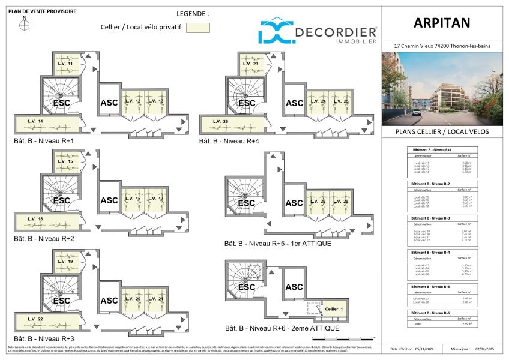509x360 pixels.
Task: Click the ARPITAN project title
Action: [x=441, y=23]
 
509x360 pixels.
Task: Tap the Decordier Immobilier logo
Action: [x=318, y=30]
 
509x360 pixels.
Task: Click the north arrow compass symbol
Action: [x=25, y=24]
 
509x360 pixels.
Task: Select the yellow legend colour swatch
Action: [x=197, y=28]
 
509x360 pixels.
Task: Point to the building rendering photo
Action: [x=442, y=88]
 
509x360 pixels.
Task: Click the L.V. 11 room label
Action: [x=65, y=64]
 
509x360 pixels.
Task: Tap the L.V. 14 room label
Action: [x=35, y=122]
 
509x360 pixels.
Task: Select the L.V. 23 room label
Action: [x=251, y=64]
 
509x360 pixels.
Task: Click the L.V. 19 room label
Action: [x=65, y=262]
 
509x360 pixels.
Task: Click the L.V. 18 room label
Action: [x=35, y=219]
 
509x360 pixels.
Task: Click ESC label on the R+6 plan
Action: [x=247, y=287]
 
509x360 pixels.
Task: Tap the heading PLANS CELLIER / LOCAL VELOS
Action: [x=441, y=131]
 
